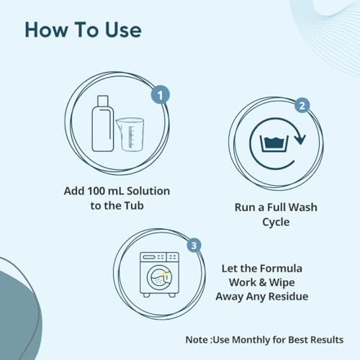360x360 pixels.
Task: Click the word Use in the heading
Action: click(123, 30)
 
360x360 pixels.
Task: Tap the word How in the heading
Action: click(47, 30)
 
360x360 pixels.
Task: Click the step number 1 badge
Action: click(161, 95)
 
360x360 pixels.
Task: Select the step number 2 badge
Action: click(302, 105)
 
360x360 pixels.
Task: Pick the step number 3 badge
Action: click(194, 245)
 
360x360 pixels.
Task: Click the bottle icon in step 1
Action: click(103, 124)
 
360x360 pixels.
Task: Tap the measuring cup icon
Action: click(130, 135)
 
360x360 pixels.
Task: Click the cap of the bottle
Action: click(103, 101)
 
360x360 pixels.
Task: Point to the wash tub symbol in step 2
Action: click(274, 144)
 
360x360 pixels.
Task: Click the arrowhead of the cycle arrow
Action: click(300, 139)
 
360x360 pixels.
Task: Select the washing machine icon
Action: click(160, 274)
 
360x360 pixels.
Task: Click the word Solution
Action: click(148, 191)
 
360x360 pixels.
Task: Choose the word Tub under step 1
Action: click(134, 206)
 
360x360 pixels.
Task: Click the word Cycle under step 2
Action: click(276, 222)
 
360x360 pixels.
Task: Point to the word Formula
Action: click(281, 269)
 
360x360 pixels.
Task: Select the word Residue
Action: click(288, 297)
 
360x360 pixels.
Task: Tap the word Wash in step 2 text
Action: click(303, 207)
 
